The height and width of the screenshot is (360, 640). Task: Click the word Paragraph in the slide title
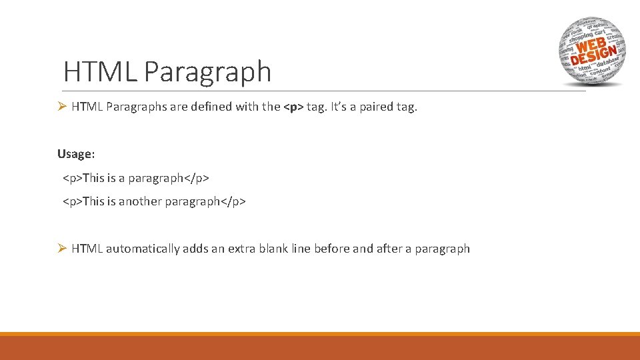pos(207,72)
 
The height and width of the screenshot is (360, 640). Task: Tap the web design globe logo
pos(591,51)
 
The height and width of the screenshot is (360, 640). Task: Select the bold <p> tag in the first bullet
pos(293,107)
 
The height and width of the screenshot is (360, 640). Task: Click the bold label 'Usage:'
pos(76,154)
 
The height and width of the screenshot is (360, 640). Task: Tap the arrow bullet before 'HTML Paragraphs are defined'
pos(61,107)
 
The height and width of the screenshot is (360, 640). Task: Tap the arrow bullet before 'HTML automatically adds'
pos(61,249)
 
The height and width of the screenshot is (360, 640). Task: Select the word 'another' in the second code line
pos(139,201)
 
